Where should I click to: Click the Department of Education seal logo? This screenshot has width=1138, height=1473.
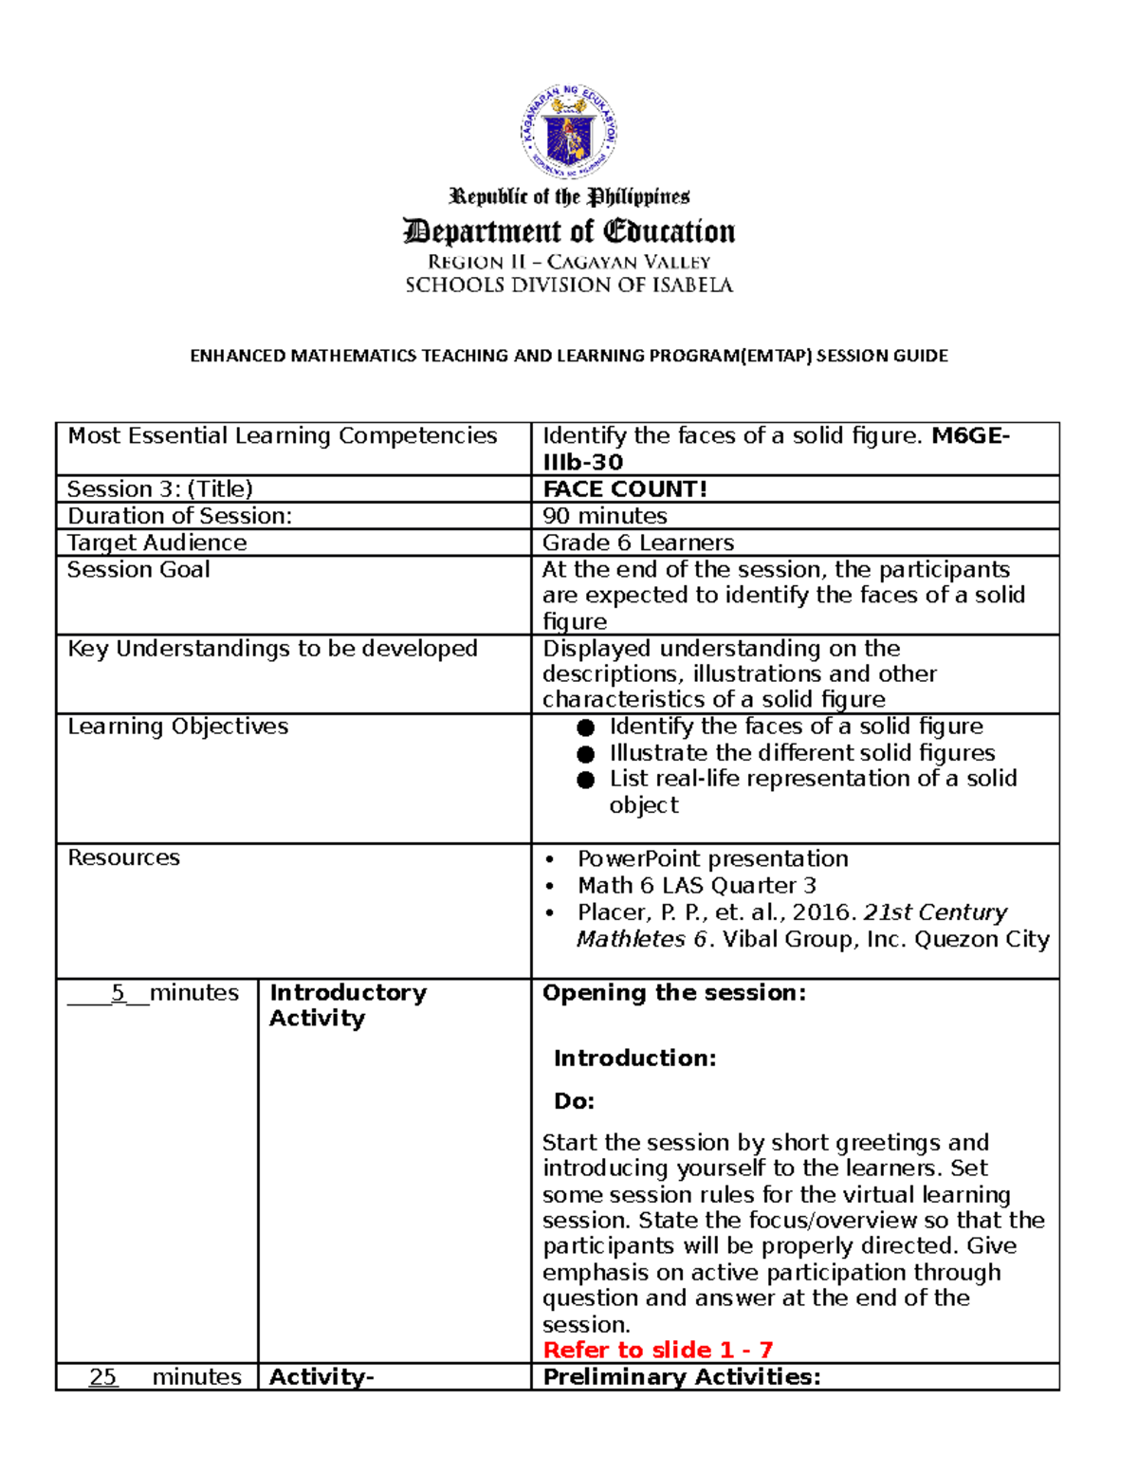[568, 132]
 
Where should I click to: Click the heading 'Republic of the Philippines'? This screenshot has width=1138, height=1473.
[568, 197]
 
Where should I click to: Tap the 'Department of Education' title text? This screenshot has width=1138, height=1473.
[568, 231]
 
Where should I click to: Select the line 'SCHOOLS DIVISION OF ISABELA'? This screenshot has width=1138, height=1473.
[568, 285]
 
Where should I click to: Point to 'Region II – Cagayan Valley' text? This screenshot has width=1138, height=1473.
[568, 262]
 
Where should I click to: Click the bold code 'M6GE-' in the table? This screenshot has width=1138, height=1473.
[970, 436]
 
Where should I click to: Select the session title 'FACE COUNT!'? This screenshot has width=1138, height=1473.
[624, 489]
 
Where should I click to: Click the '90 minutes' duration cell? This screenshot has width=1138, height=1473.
[604, 516]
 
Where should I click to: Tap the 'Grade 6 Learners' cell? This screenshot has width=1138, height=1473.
[637, 543]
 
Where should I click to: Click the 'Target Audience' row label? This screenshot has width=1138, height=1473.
[156, 543]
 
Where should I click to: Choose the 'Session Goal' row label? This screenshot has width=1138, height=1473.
[138, 569]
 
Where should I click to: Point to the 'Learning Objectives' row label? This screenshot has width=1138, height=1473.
[177, 727]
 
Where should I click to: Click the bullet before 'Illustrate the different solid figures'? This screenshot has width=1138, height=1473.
[586, 754]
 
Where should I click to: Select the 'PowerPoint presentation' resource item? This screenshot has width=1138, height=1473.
[712, 858]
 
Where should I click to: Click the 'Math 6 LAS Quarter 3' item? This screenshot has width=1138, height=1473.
[696, 886]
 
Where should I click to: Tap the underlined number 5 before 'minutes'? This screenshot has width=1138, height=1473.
[119, 993]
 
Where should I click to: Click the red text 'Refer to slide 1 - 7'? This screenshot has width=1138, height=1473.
[657, 1350]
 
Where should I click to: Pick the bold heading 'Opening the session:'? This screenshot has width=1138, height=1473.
[673, 993]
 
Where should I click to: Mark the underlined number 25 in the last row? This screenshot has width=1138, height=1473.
[103, 1377]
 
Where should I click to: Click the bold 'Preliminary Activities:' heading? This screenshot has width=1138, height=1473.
[681, 1377]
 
